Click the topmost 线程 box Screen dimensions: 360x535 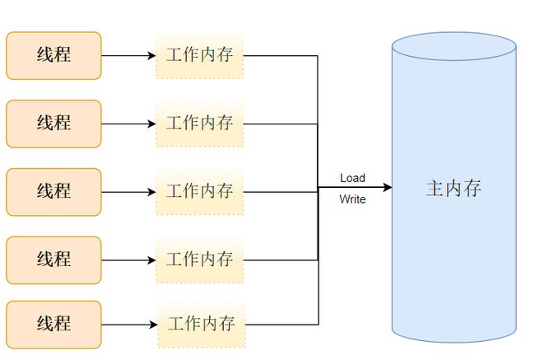[53, 55]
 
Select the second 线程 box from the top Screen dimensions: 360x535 [53, 124]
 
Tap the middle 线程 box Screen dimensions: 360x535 [53, 192]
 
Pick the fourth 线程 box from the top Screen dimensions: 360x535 [53, 260]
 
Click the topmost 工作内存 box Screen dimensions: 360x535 [200, 56]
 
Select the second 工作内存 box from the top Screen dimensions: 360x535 [200, 124]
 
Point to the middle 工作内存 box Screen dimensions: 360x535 [200, 192]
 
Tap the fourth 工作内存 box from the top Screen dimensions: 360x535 [200, 260]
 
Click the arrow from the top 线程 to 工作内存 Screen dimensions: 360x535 [128, 56]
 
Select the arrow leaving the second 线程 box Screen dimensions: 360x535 [128, 124]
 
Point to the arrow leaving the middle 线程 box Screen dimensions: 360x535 [128, 192]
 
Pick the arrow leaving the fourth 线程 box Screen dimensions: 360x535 [128, 260]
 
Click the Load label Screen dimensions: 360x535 [352, 178]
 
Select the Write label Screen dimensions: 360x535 [352, 199]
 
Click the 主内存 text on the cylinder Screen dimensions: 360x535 [454, 189]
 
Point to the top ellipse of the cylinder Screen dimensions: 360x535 [454, 47]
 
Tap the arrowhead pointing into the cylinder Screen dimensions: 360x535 [386, 188]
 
